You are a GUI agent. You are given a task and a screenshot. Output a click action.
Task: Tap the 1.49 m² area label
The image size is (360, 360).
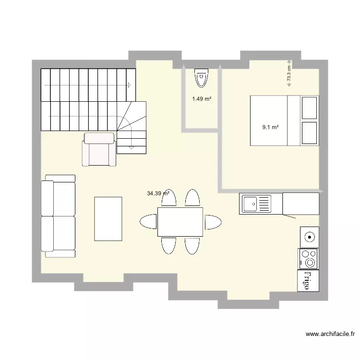(x=202, y=99)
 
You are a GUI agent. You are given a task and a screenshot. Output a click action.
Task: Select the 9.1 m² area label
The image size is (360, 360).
(x=271, y=127)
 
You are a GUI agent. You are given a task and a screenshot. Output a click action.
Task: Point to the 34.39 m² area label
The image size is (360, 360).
(x=158, y=193)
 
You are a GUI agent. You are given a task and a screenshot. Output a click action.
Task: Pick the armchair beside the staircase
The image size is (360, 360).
(x=99, y=149)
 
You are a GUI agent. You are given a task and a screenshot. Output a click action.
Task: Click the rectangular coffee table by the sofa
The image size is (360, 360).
(x=108, y=218)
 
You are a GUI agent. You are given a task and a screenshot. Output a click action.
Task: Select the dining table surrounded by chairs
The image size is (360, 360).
(x=180, y=222)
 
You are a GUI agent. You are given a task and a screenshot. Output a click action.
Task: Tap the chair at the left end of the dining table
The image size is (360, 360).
(x=148, y=222)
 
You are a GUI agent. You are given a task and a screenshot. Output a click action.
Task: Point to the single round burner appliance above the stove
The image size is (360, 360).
(x=310, y=237)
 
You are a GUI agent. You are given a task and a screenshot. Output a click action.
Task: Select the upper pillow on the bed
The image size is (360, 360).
(x=309, y=108)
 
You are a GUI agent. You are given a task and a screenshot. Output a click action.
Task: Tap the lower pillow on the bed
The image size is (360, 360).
(x=309, y=133)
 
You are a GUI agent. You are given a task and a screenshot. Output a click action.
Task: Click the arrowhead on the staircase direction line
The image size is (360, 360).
(x=129, y=85)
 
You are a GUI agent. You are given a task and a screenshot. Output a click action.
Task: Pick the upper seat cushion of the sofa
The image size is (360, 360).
(x=59, y=198)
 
